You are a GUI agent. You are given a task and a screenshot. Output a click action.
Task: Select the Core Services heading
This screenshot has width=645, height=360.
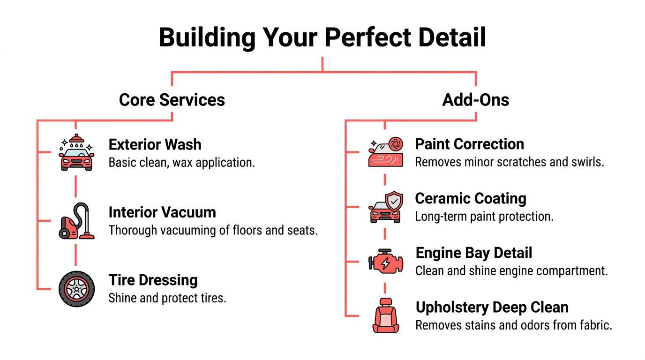[172, 100]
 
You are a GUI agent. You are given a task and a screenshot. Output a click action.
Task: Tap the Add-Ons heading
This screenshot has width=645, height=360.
[475, 100]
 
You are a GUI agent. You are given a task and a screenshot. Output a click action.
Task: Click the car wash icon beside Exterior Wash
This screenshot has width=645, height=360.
[76, 153]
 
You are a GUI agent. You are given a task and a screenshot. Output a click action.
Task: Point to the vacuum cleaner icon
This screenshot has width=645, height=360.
[76, 221]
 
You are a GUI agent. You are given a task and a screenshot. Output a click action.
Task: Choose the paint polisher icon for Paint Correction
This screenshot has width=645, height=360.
[385, 153]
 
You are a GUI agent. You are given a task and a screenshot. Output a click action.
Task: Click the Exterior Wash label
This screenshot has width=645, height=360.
[155, 144]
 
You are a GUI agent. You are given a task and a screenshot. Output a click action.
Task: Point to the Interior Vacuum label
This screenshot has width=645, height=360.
[162, 212]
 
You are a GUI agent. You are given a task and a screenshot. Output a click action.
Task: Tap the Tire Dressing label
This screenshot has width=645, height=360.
[153, 280]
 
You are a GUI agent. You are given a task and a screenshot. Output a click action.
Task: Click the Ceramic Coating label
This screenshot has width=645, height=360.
[471, 198]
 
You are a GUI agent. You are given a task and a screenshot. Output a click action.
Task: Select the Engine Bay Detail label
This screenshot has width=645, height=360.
[474, 253]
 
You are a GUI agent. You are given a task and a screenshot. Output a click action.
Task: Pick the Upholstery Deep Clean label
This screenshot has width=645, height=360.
[492, 307]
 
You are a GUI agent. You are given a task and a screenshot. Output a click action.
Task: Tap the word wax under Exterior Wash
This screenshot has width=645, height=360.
[175, 163]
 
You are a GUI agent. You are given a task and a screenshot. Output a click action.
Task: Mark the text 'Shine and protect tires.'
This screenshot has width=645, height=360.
[167, 298]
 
